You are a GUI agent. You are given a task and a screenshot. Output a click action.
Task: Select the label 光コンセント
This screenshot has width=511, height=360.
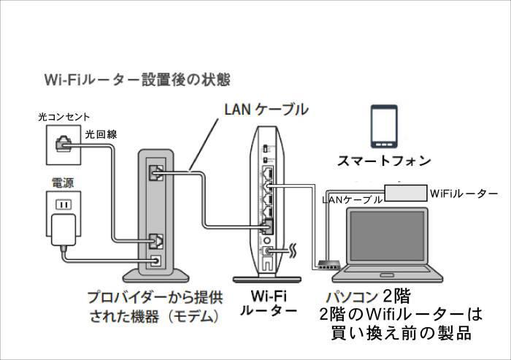pos(64,117)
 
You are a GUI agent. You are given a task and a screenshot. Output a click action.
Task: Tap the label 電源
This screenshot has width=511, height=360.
pos(62,179)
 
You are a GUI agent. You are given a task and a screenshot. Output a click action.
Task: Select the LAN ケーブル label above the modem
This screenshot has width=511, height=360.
pos(266,110)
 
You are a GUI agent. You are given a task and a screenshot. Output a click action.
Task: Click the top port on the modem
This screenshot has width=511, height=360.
pos(155,173)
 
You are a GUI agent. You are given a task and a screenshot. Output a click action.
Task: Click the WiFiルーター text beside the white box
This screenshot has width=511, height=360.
pos(463,194)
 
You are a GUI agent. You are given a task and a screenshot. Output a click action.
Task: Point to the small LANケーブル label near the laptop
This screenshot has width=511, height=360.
pos(351,199)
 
